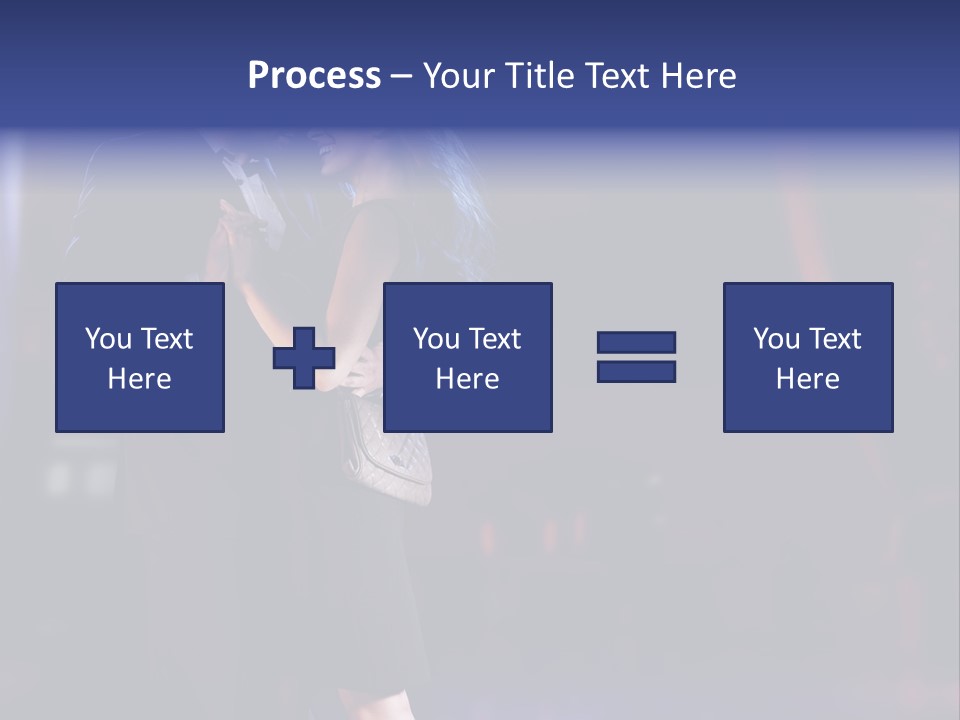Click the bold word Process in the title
(314, 76)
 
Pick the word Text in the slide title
(615, 76)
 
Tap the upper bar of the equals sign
(636, 342)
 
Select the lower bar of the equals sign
(636, 371)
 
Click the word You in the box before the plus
(108, 339)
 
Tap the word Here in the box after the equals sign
(808, 379)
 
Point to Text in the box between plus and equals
(495, 339)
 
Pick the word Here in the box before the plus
(140, 379)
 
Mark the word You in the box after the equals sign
(776, 339)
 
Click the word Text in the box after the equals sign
(835, 339)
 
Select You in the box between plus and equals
(436, 339)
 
